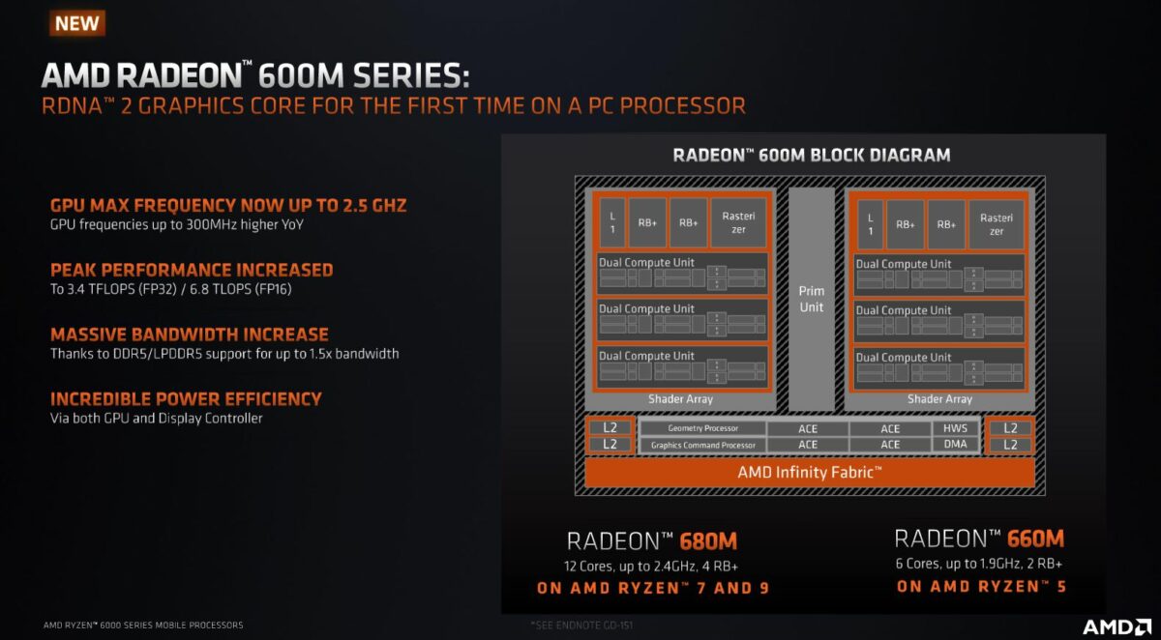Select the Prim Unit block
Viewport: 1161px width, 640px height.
point(811,299)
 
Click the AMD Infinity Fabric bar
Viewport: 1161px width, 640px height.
point(810,473)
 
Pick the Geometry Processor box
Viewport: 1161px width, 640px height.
point(702,428)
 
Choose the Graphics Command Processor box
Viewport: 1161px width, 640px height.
point(702,445)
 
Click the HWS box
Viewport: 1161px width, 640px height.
point(955,428)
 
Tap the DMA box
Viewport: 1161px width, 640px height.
point(955,445)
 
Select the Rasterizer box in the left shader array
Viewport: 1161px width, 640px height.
point(738,223)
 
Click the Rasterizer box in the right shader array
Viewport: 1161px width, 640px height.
point(997,224)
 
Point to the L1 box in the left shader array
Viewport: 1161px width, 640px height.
point(610,223)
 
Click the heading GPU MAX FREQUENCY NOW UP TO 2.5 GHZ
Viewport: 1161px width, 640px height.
point(228,206)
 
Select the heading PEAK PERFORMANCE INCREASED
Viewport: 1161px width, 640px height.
point(192,270)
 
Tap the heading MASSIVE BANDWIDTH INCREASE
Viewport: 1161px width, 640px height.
point(190,335)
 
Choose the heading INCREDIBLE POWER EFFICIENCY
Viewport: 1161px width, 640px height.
point(186,398)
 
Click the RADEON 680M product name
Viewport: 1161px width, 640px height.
point(652,541)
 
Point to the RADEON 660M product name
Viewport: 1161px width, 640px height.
point(979,539)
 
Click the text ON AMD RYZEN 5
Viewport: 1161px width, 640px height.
point(981,586)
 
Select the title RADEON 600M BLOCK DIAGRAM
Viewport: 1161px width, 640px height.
point(811,155)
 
